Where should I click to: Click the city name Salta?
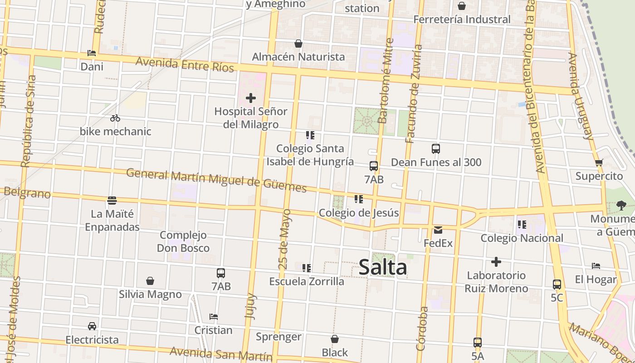383,267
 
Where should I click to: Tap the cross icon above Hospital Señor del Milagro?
251,98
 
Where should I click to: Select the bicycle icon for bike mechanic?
115,118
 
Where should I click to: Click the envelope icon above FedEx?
438,230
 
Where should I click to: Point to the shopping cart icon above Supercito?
599,163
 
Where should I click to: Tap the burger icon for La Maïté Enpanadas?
112,200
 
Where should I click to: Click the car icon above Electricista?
92,326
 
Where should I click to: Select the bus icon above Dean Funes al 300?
436,149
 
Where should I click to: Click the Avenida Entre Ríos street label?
185,64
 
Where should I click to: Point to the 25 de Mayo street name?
285,239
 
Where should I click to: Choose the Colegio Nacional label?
522,238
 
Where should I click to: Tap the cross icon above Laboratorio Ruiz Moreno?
496,262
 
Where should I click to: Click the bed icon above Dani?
92,53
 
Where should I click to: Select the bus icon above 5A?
477,343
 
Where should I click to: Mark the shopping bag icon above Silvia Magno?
150,281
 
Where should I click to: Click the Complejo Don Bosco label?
183,241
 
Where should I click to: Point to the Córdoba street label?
422,329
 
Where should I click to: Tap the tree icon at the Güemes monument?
621,206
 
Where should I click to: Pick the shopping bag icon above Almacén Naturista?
298,44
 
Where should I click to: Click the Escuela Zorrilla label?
307,281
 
